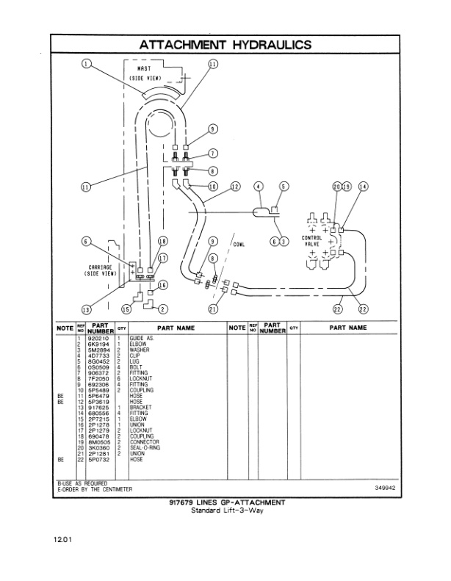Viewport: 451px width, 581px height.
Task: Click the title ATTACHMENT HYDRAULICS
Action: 225,45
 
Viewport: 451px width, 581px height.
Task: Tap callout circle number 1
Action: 87,65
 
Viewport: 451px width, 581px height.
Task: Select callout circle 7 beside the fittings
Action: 213,153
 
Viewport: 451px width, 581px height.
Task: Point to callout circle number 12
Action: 236,187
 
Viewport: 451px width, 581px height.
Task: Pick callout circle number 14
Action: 363,187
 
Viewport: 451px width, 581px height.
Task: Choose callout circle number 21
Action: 213,308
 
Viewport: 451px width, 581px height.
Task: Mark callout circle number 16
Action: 163,285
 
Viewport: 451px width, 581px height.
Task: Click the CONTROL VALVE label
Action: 312,242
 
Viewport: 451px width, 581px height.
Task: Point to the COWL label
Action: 239,244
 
